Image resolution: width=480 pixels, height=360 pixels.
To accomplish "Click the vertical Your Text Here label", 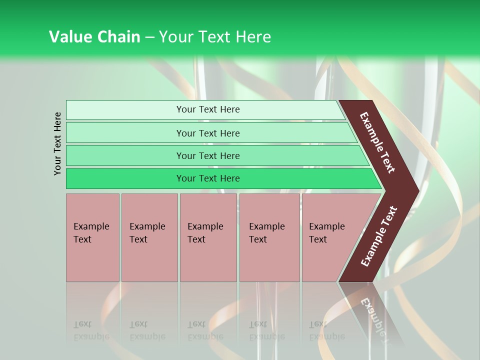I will (57, 143).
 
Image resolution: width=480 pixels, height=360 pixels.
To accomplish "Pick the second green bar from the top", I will (207, 133).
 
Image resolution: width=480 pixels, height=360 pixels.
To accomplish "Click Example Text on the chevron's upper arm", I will (378, 142).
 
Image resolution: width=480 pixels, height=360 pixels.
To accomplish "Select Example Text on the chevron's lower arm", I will (379, 236).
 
